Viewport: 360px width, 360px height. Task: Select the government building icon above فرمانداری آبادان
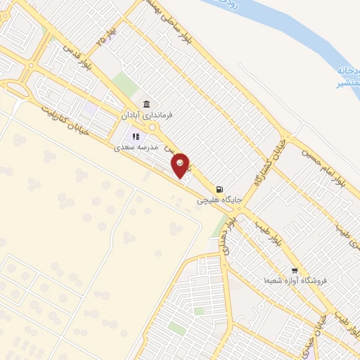(146, 103)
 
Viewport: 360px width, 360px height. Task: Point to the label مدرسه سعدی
(137, 146)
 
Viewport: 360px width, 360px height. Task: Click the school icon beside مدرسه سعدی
(136, 136)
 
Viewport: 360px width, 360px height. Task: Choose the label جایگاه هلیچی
(218, 200)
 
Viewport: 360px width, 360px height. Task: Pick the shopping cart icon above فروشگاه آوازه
(295, 269)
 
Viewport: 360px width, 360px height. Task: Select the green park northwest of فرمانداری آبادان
(126, 84)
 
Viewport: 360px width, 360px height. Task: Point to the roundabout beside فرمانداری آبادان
(152, 127)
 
